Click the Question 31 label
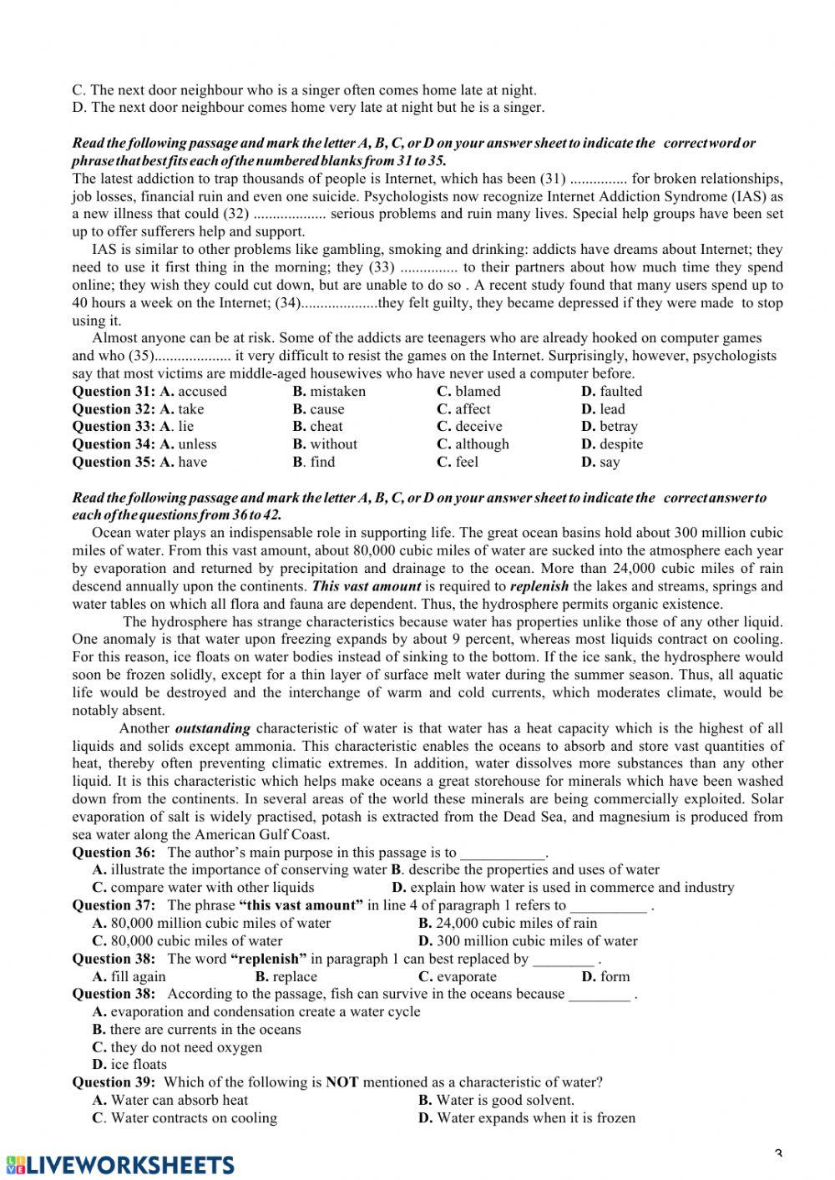point(114,392)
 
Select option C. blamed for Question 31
point(468,392)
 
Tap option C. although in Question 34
point(473,444)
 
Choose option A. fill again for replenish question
point(129,977)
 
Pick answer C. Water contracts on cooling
point(185,1118)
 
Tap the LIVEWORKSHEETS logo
point(120,1165)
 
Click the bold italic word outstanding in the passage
point(212,728)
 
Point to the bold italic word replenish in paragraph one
point(539,586)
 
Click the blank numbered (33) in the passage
point(428,268)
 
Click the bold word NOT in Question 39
point(342,1082)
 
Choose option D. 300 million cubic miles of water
point(527,941)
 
